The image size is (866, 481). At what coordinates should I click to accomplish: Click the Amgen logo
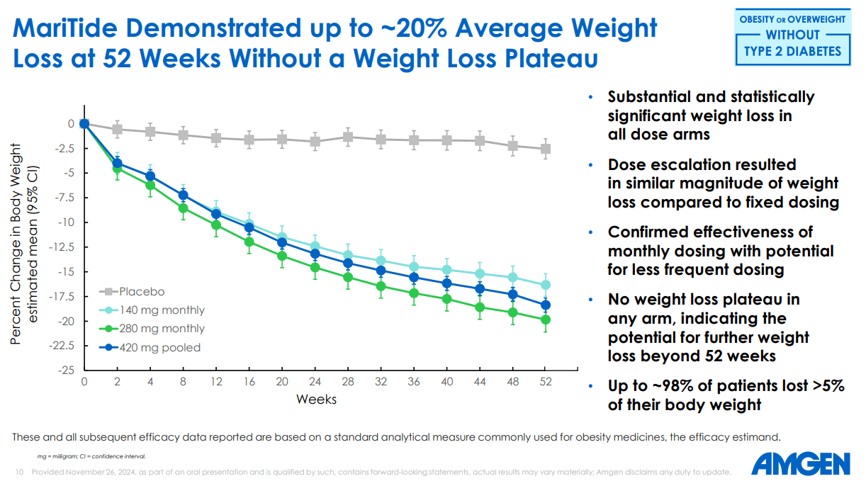[800, 465]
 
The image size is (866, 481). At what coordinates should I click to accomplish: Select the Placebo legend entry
[142, 292]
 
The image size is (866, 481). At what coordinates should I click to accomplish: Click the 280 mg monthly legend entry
[162, 329]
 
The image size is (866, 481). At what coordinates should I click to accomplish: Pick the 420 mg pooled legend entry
[160, 347]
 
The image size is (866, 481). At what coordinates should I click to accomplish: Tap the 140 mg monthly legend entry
[162, 310]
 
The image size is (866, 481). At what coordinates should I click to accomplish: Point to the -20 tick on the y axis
[67, 322]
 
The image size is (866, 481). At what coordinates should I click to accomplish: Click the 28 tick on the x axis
[347, 381]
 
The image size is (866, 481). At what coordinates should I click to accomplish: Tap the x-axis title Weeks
[316, 400]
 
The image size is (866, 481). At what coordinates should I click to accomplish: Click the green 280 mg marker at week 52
[545, 320]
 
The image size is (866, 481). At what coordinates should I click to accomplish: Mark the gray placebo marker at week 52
[545, 149]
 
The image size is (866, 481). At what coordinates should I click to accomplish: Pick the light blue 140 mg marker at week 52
[545, 285]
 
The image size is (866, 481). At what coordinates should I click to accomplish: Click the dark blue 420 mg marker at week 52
[545, 305]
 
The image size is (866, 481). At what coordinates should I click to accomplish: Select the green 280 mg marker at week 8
[183, 208]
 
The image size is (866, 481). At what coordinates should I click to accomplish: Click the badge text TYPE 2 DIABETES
[792, 51]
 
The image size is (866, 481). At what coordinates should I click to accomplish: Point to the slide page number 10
[19, 472]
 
